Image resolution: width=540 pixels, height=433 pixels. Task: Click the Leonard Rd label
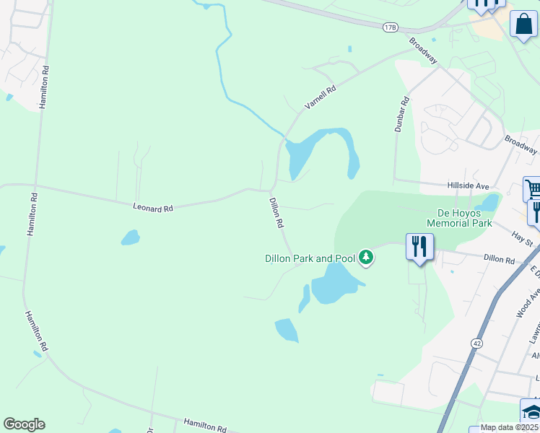click(x=153, y=207)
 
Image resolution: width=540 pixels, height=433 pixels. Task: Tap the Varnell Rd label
click(x=321, y=97)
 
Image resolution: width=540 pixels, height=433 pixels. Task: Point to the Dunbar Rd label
click(x=401, y=114)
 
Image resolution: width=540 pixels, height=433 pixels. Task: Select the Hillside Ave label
click(x=468, y=185)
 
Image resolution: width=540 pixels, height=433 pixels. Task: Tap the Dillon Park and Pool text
click(x=310, y=258)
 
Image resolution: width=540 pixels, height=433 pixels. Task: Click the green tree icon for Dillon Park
click(x=367, y=257)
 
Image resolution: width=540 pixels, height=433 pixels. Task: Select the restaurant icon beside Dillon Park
click(x=419, y=247)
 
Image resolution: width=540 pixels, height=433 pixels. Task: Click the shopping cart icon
click(x=533, y=189)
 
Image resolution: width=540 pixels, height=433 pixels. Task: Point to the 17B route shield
click(x=391, y=27)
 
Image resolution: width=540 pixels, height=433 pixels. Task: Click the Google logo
click(x=24, y=424)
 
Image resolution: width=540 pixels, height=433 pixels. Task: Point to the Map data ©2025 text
click(x=509, y=427)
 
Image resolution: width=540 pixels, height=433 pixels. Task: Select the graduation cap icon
click(x=531, y=411)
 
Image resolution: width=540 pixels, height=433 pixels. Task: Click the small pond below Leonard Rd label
click(x=131, y=237)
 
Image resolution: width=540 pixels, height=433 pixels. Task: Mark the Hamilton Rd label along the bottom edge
click(x=206, y=424)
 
